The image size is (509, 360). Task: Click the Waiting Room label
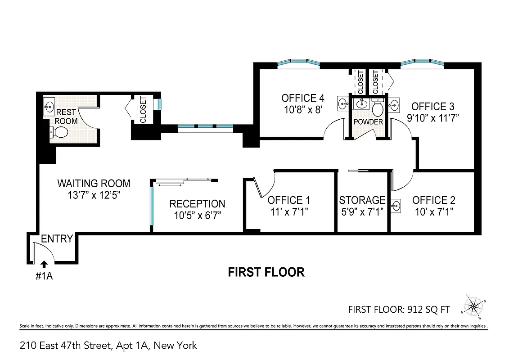(x=94, y=184)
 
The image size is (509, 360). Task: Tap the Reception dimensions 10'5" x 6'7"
(x=197, y=216)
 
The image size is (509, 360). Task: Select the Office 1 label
(x=288, y=200)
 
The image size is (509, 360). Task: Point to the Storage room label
(x=362, y=200)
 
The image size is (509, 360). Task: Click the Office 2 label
(x=434, y=200)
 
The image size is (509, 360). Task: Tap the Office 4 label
(x=302, y=98)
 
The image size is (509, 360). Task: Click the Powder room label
(x=368, y=122)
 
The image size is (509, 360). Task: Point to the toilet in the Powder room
(x=377, y=108)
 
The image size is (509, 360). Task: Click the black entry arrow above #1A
(x=44, y=265)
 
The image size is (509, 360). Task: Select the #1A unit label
(x=44, y=276)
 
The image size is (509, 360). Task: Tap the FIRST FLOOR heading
(x=266, y=272)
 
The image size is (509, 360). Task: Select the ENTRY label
(x=57, y=239)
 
